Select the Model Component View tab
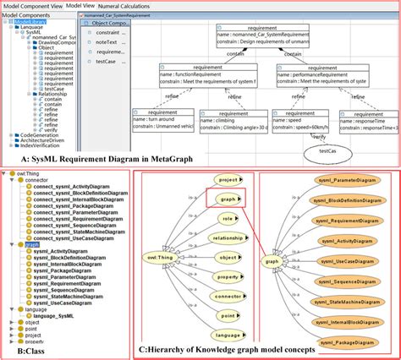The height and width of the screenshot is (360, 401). (x=32, y=6)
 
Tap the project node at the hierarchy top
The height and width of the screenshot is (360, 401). (x=226, y=180)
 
